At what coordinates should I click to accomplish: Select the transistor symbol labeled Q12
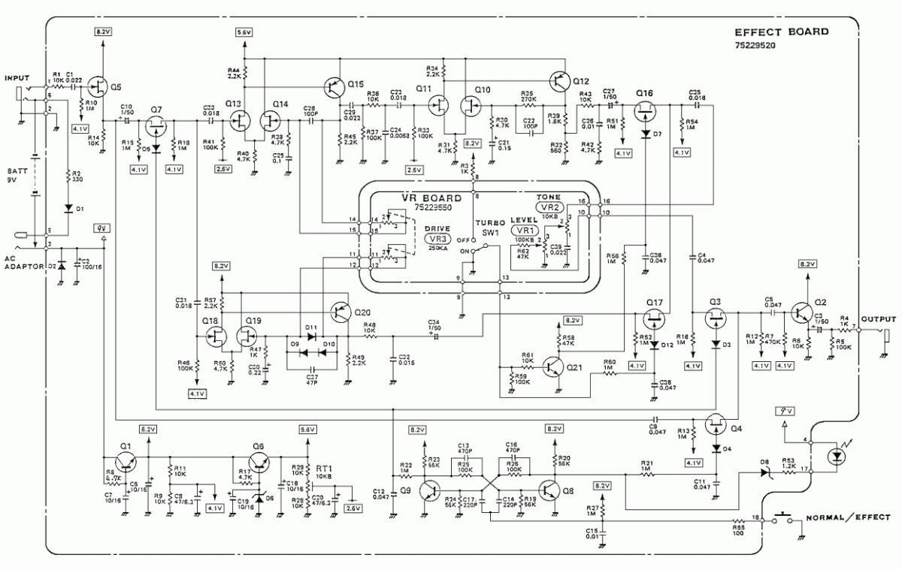pyautogui.click(x=558, y=80)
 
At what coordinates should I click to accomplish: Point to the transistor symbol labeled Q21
pyautogui.click(x=554, y=366)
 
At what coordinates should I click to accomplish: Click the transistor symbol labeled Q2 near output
pyautogui.click(x=802, y=313)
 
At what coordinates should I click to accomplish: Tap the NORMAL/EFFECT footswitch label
pyautogui.click(x=848, y=517)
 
